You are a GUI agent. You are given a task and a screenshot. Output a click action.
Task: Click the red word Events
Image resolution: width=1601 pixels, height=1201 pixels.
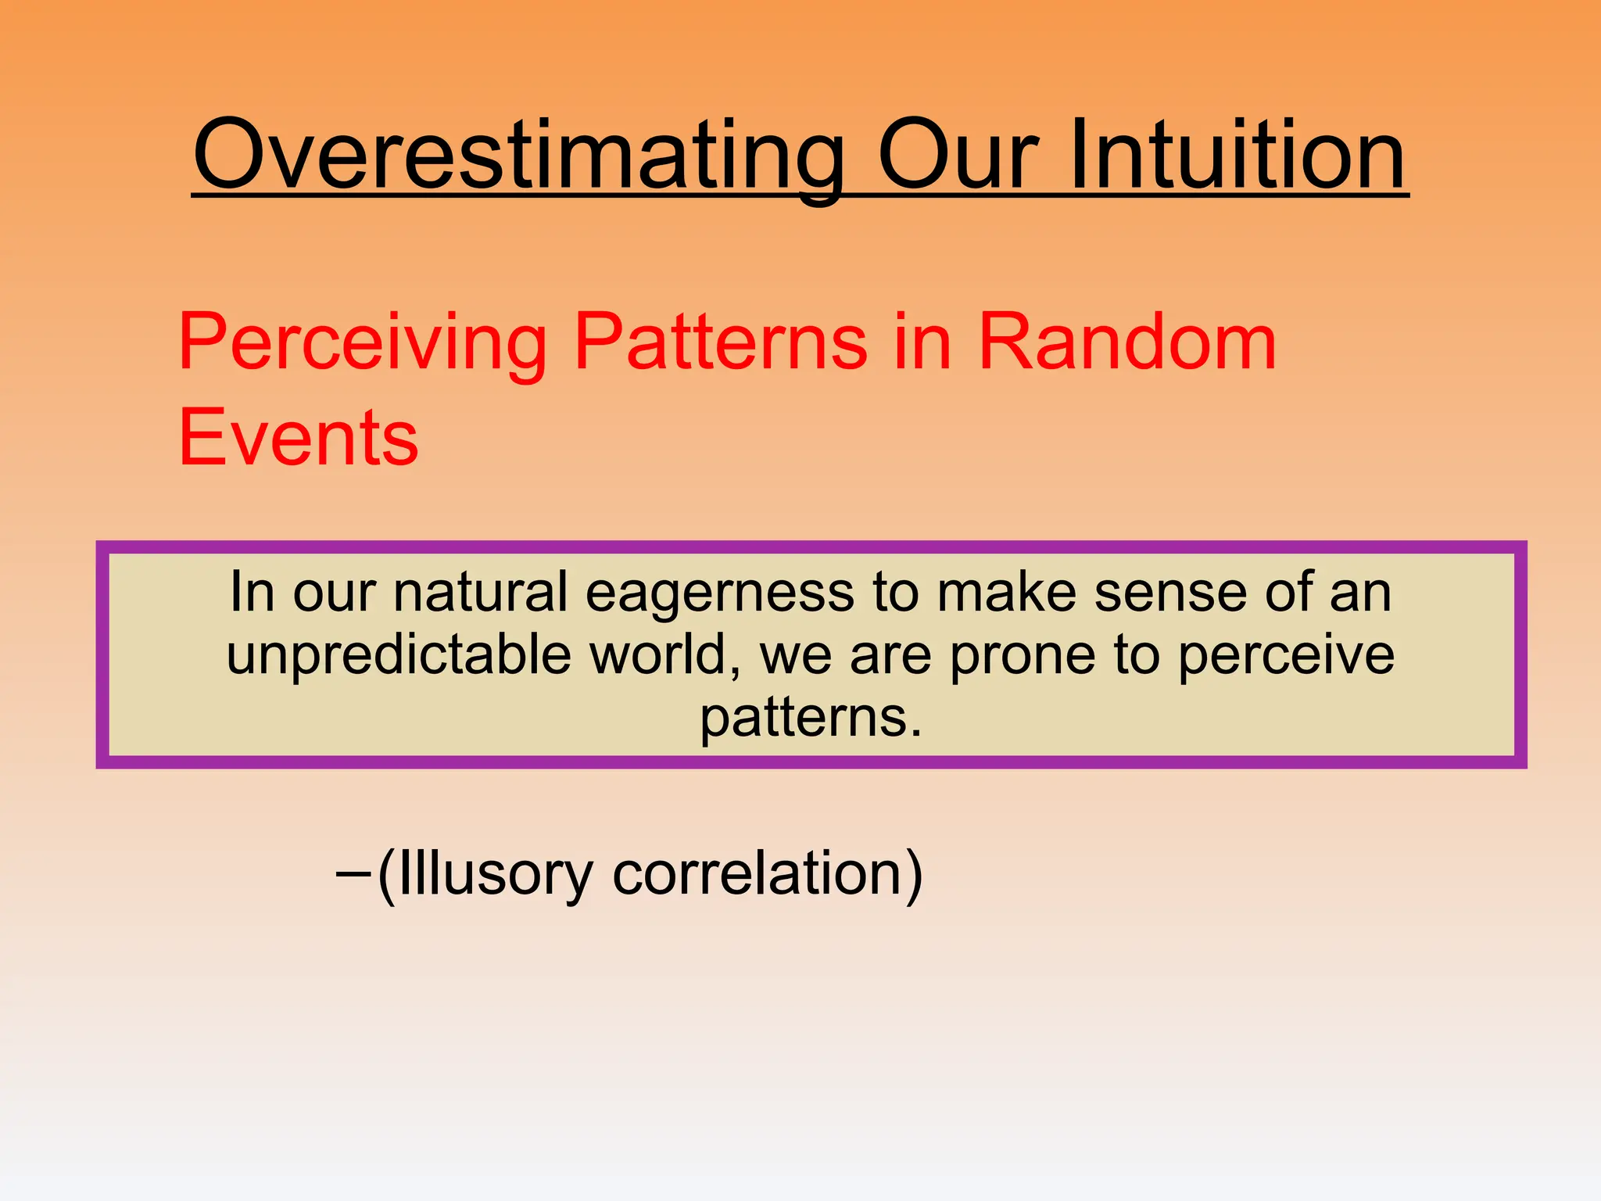(x=299, y=438)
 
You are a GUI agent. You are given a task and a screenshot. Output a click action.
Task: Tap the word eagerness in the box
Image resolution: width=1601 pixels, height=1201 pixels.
(x=720, y=593)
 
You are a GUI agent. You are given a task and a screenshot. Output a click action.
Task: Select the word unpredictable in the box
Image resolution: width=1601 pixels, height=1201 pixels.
(x=399, y=655)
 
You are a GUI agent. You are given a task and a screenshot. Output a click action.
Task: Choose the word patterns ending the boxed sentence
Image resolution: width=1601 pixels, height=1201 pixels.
(x=810, y=718)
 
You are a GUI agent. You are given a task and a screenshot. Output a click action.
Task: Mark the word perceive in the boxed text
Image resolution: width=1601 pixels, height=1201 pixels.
(x=1286, y=655)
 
